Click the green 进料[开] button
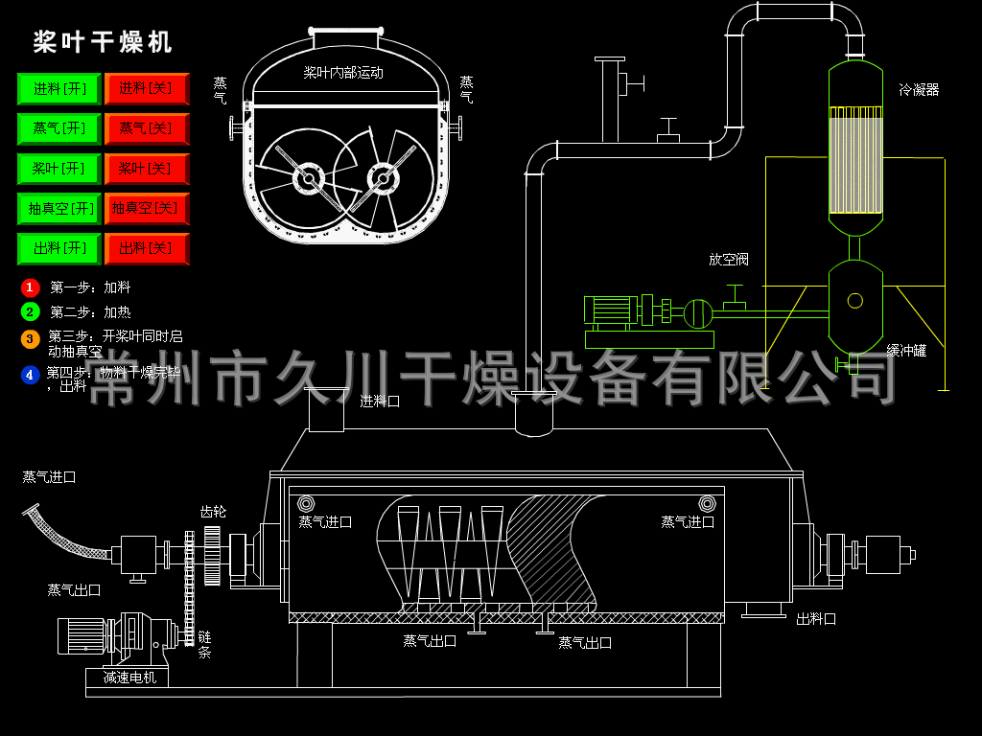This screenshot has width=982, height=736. click(59, 89)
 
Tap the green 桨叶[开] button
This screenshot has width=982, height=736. click(59, 169)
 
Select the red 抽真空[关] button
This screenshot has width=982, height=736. click(146, 208)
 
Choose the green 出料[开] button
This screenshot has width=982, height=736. click(59, 248)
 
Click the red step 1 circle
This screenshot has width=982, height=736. click(30, 287)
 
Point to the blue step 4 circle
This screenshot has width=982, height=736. click(30, 375)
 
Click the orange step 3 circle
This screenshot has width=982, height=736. click(30, 338)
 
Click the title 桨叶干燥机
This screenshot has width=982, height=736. click(104, 42)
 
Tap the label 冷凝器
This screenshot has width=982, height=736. click(919, 90)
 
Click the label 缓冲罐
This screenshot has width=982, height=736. click(906, 351)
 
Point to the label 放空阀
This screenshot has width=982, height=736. click(728, 260)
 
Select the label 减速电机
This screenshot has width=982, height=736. click(129, 678)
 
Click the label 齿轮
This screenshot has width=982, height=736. click(213, 512)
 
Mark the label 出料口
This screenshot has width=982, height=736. click(816, 619)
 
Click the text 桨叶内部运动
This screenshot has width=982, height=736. click(343, 72)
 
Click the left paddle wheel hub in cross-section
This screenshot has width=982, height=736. click(308, 178)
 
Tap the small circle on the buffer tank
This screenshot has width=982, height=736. click(854, 301)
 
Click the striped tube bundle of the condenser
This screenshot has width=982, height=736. click(854, 159)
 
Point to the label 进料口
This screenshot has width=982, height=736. click(380, 401)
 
